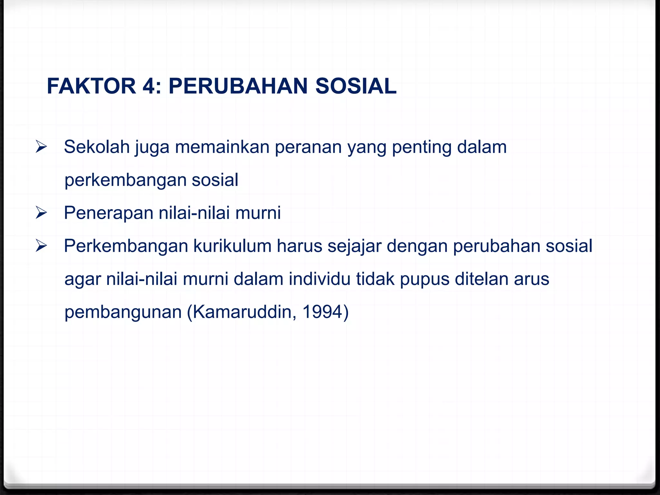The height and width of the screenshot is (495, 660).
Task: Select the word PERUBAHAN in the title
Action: pyautogui.click(x=238, y=86)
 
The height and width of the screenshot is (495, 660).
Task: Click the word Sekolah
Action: pyautogui.click(x=96, y=147)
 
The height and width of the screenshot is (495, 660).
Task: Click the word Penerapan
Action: pyautogui.click(x=109, y=213)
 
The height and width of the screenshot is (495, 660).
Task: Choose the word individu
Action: pyautogui.click(x=319, y=279)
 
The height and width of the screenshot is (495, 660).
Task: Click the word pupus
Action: pyautogui.click(x=424, y=279)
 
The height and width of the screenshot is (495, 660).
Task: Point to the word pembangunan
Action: pyautogui.click(x=123, y=312)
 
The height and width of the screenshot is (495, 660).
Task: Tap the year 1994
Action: pyautogui.click(x=323, y=312)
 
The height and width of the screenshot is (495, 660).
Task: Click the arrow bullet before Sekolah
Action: pyautogui.click(x=41, y=147)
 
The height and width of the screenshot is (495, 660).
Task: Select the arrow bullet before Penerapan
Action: pyautogui.click(x=41, y=213)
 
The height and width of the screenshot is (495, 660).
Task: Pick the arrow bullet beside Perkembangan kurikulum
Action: pyautogui.click(x=41, y=246)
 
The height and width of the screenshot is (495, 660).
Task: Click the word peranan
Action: pyautogui.click(x=308, y=148)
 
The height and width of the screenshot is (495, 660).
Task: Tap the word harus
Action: pyautogui.click(x=299, y=246)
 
